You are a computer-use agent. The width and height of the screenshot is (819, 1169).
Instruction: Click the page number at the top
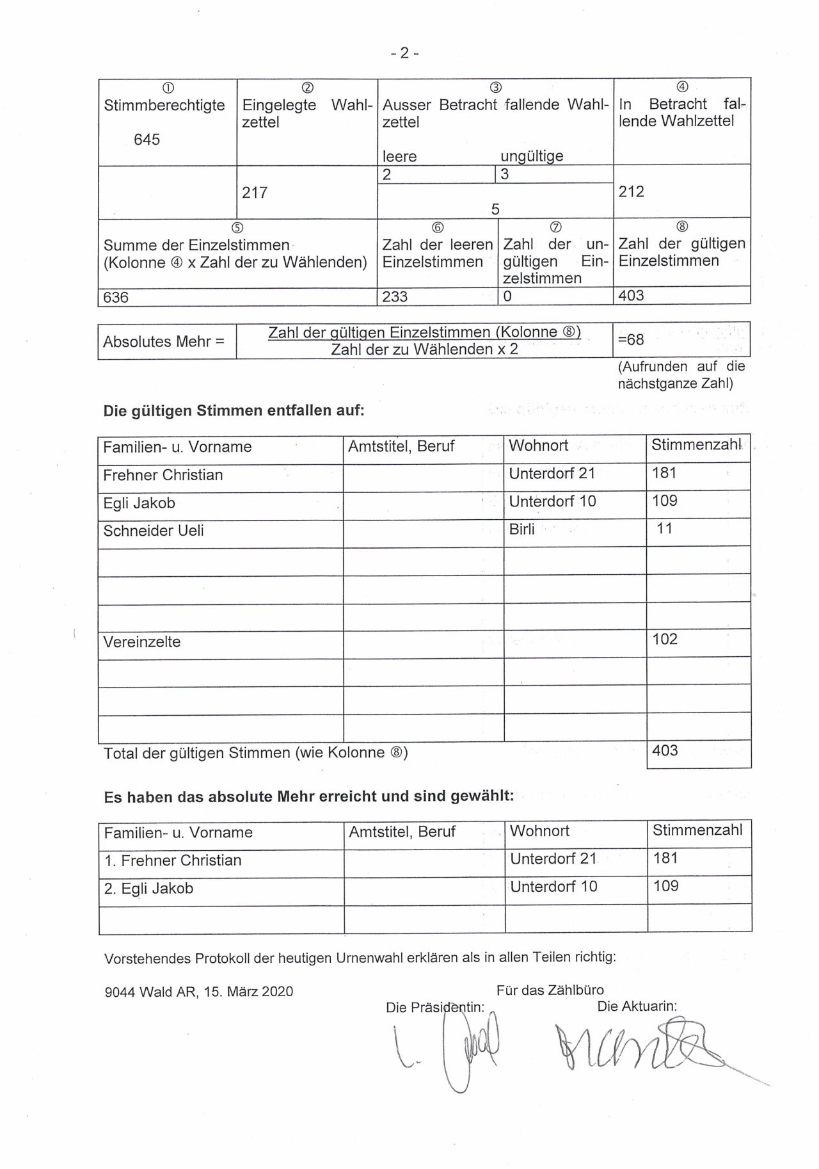pos(404,53)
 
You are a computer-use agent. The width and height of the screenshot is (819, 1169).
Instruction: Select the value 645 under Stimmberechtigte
pos(147,140)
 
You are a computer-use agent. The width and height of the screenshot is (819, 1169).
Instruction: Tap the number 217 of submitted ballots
pos(255,192)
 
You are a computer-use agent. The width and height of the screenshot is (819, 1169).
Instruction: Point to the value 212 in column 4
pos(632,191)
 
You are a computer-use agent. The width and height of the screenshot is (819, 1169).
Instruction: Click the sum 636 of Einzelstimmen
pos(116,297)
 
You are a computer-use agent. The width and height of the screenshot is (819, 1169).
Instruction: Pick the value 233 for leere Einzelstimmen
pos(395,297)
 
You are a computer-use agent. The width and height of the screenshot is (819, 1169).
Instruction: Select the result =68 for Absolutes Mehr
pos(631,339)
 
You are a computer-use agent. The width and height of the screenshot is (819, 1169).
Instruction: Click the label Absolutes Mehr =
pos(164,341)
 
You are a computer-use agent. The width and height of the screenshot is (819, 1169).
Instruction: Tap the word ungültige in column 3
pos(532,156)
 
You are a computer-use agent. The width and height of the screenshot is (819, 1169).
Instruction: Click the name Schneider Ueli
pos(154,531)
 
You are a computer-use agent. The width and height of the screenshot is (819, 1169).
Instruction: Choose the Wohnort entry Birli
pos(522,529)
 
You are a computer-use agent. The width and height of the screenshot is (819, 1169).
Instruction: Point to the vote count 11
pos(664,529)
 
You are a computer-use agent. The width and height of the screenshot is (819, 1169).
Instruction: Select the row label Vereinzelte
pos(142,642)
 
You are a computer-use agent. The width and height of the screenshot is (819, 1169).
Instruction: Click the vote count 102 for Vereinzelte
pos(665,639)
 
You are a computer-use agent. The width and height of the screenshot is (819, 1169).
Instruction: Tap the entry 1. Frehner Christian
pos(173,860)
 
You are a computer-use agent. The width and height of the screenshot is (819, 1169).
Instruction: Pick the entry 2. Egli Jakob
pos(148,889)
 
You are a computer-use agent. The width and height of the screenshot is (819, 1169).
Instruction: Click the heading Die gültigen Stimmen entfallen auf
pos(234,410)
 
